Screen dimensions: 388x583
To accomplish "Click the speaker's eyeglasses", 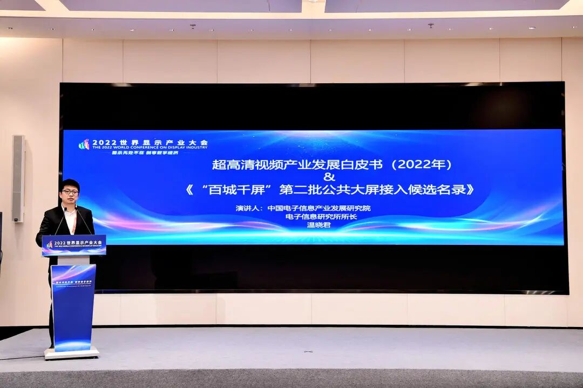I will [x=70, y=192].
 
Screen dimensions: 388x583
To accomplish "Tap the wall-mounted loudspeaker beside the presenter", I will [x=18, y=178].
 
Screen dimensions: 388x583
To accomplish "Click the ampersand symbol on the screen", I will [x=330, y=177].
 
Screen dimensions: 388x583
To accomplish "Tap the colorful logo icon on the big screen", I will [x=84, y=144].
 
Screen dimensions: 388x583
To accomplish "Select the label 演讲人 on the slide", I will [x=249, y=208].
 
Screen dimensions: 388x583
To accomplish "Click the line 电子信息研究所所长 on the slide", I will [x=330, y=217].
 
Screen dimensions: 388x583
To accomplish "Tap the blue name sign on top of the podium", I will [x=74, y=245].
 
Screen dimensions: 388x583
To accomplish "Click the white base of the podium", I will [x=72, y=353].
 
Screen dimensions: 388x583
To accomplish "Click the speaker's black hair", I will [x=70, y=183].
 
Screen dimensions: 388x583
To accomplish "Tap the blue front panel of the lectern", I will [x=73, y=306].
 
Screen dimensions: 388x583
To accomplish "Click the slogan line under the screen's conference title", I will [x=144, y=153].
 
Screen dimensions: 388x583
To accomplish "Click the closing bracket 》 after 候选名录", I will [x=470, y=190].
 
